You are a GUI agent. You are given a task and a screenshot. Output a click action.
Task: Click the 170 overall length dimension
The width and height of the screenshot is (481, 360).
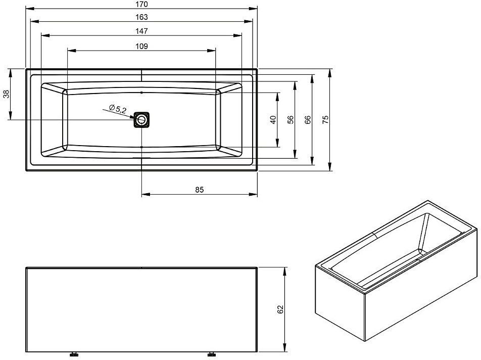tap(141, 4)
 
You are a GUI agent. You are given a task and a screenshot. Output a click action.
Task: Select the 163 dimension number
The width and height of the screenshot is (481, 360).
tap(141, 17)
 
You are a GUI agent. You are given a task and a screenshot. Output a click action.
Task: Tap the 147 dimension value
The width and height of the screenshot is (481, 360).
tap(141, 31)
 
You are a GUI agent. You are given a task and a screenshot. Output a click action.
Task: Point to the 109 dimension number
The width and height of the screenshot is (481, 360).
tap(141, 47)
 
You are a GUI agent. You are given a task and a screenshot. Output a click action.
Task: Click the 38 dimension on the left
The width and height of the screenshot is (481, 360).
tap(6, 94)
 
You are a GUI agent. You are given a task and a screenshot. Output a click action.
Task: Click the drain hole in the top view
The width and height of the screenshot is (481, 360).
tap(141, 119)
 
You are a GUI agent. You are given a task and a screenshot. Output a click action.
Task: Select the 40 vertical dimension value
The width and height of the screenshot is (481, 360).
tap(273, 120)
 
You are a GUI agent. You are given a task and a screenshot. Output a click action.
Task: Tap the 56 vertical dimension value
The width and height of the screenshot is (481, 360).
tap(291, 120)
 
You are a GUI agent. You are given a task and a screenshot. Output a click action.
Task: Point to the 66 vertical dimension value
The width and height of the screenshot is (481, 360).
tap(308, 120)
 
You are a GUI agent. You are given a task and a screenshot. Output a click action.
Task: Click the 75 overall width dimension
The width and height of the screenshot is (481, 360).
tap(325, 120)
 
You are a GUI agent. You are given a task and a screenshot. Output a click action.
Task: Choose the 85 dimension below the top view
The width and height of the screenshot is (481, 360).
tap(200, 190)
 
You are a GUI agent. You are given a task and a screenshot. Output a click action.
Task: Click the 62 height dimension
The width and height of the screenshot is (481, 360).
tap(280, 309)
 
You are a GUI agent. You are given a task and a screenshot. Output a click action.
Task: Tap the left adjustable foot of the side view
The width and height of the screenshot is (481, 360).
tap(74, 354)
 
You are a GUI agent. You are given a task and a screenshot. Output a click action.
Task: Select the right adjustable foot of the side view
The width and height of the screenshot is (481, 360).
tap(211, 354)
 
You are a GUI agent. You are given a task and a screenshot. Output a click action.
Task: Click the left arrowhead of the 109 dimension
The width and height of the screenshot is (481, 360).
tap(71, 51)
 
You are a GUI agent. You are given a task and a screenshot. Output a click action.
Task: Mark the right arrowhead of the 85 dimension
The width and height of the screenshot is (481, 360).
tap(253, 194)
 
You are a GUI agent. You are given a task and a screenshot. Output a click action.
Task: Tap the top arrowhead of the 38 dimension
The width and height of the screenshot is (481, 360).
tap(11, 73)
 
